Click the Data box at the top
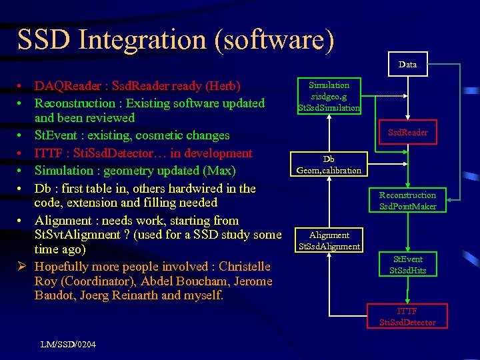tap(407, 64)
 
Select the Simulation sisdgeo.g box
tap(329, 96)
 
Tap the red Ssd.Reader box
tap(408, 132)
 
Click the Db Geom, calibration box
tap(329, 165)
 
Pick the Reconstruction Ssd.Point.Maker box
tap(407, 201)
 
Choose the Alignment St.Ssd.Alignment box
tap(329, 241)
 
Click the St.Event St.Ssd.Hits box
tap(407, 265)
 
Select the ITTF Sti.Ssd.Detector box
tap(407, 317)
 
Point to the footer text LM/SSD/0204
tap(67, 344)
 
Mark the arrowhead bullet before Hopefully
tap(21, 267)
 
